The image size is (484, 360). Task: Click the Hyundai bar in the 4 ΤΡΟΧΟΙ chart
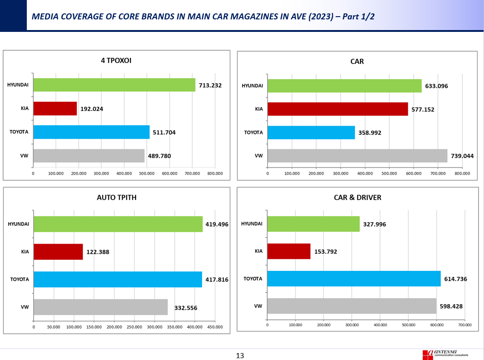coord(114,85)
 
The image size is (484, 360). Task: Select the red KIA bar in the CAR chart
coord(337,109)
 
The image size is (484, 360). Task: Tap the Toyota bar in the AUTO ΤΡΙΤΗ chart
coord(118,280)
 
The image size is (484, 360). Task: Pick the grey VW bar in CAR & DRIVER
coord(352,306)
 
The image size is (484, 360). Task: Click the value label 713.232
coord(210,85)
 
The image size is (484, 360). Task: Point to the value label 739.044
coord(462,156)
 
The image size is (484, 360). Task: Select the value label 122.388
coord(98,252)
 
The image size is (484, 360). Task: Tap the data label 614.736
coord(456,279)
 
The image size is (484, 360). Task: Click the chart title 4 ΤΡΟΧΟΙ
coord(116,61)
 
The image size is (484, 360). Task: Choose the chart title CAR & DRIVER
coord(357,197)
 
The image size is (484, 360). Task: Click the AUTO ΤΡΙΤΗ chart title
coord(116,197)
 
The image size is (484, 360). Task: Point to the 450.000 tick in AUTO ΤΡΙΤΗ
coord(215,327)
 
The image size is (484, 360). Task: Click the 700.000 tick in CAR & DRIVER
coord(465,325)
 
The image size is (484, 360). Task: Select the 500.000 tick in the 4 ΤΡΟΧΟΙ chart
coord(147,173)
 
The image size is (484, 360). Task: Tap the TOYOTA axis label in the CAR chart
coord(253,132)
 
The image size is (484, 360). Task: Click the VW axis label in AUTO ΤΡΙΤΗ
coord(25,307)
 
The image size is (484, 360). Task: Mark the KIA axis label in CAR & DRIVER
coord(258,251)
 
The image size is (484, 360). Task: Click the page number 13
coord(240,356)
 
